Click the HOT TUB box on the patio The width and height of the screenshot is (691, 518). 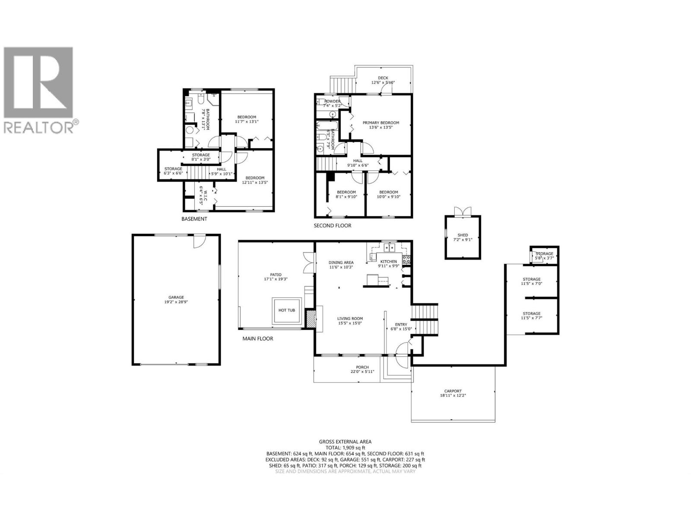tap(287, 310)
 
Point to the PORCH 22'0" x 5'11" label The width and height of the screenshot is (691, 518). tap(362, 370)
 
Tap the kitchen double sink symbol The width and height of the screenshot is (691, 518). tap(390, 247)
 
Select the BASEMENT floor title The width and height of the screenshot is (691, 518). tap(194, 219)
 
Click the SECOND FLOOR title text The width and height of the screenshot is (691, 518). tap(332, 225)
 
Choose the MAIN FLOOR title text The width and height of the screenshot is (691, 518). tap(257, 338)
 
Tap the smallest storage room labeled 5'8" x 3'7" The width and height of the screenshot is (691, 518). tap(544, 256)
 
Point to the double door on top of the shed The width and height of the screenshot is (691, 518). tap(462, 212)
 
